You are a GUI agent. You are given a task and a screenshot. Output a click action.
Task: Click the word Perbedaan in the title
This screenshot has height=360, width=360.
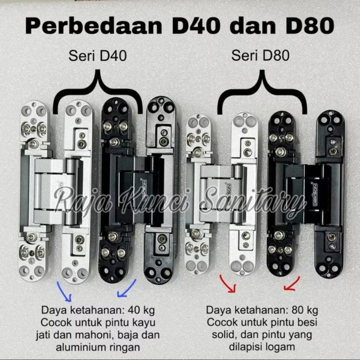[94, 26]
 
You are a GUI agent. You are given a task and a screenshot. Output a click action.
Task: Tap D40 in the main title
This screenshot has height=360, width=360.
[196, 26]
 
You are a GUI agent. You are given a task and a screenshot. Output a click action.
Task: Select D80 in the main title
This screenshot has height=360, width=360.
[310, 26]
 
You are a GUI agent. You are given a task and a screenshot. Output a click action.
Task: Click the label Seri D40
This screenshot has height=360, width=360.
[98, 56]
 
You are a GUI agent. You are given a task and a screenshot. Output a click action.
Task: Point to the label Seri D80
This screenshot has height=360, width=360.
[260, 56]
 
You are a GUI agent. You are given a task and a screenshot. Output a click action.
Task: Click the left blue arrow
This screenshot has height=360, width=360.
[64, 291]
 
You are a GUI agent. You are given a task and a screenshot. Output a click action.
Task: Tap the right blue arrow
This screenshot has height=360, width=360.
[127, 289]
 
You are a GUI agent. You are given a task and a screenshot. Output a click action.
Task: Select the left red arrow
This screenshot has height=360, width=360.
[227, 284]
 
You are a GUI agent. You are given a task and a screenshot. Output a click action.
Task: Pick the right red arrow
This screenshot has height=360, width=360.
[292, 284]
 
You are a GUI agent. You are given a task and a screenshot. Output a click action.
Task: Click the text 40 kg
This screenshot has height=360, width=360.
[141, 310]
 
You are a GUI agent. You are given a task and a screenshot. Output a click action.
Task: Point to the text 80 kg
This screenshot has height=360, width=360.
[304, 310]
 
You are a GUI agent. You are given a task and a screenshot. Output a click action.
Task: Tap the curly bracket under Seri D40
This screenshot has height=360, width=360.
[98, 92]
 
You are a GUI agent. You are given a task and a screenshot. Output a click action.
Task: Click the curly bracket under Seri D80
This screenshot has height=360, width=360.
[262, 92]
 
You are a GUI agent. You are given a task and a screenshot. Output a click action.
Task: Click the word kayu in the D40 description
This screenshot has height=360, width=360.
[144, 323]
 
